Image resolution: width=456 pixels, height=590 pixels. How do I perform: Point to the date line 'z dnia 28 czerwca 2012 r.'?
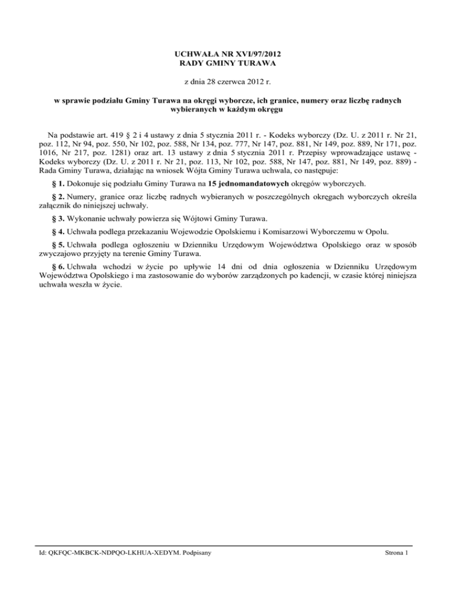[x=228, y=81]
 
